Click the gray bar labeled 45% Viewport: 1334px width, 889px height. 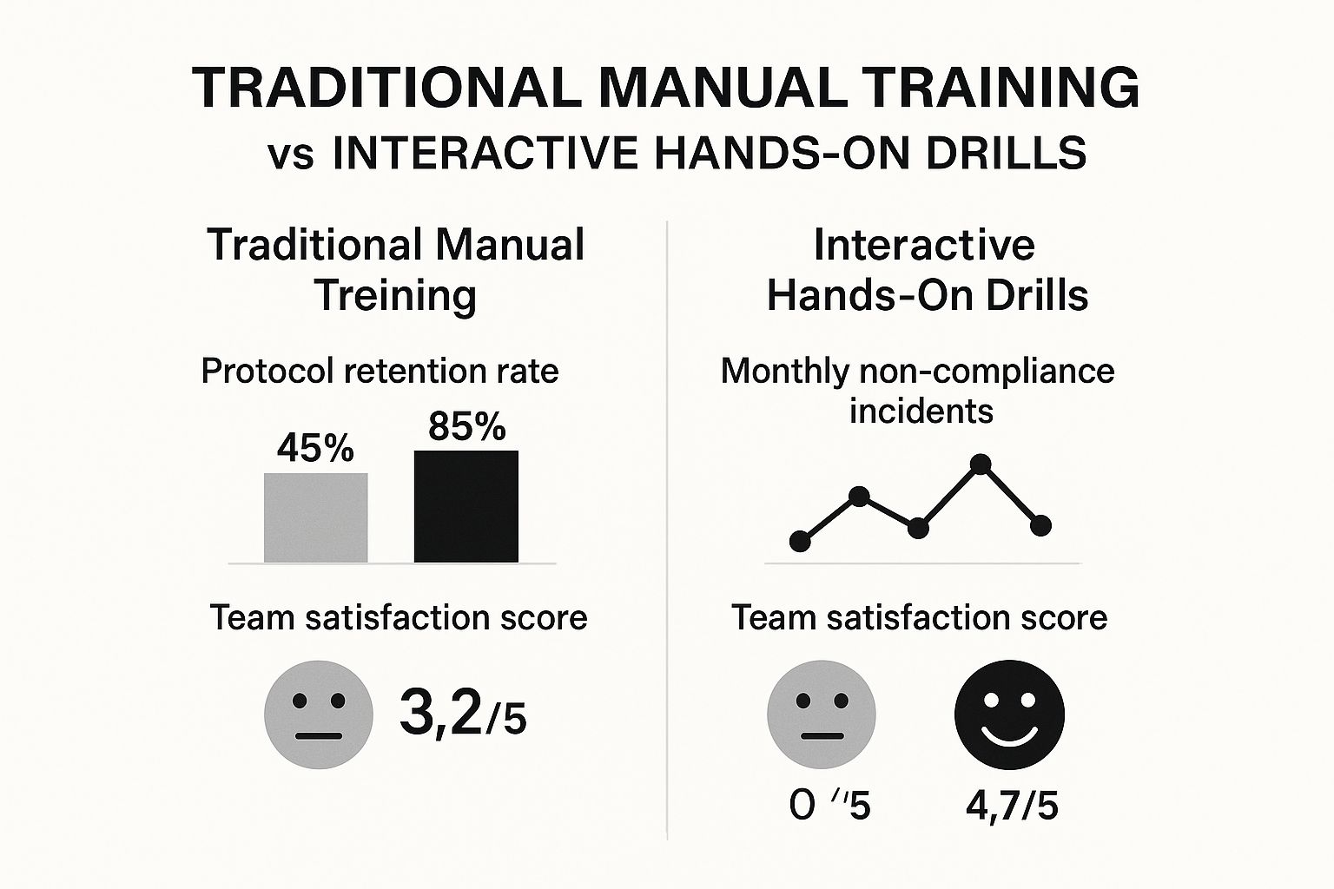(x=315, y=517)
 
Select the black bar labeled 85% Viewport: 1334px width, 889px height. (x=466, y=506)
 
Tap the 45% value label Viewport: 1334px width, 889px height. (x=315, y=449)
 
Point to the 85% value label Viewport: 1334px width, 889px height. (x=466, y=426)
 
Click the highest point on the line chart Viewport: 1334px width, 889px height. (x=981, y=464)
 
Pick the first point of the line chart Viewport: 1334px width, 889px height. (x=800, y=542)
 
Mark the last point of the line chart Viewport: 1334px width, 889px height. (x=1040, y=525)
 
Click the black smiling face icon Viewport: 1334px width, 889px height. (x=1009, y=714)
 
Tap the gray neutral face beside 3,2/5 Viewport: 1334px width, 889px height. (x=319, y=714)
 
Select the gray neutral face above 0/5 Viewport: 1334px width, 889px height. (x=822, y=714)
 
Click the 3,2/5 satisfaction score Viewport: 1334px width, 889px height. (x=462, y=713)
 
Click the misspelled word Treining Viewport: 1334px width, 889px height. (x=395, y=295)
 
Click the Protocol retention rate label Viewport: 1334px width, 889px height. (x=380, y=372)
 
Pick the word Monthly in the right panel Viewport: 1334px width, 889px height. (x=785, y=372)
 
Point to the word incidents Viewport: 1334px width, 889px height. (x=921, y=410)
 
